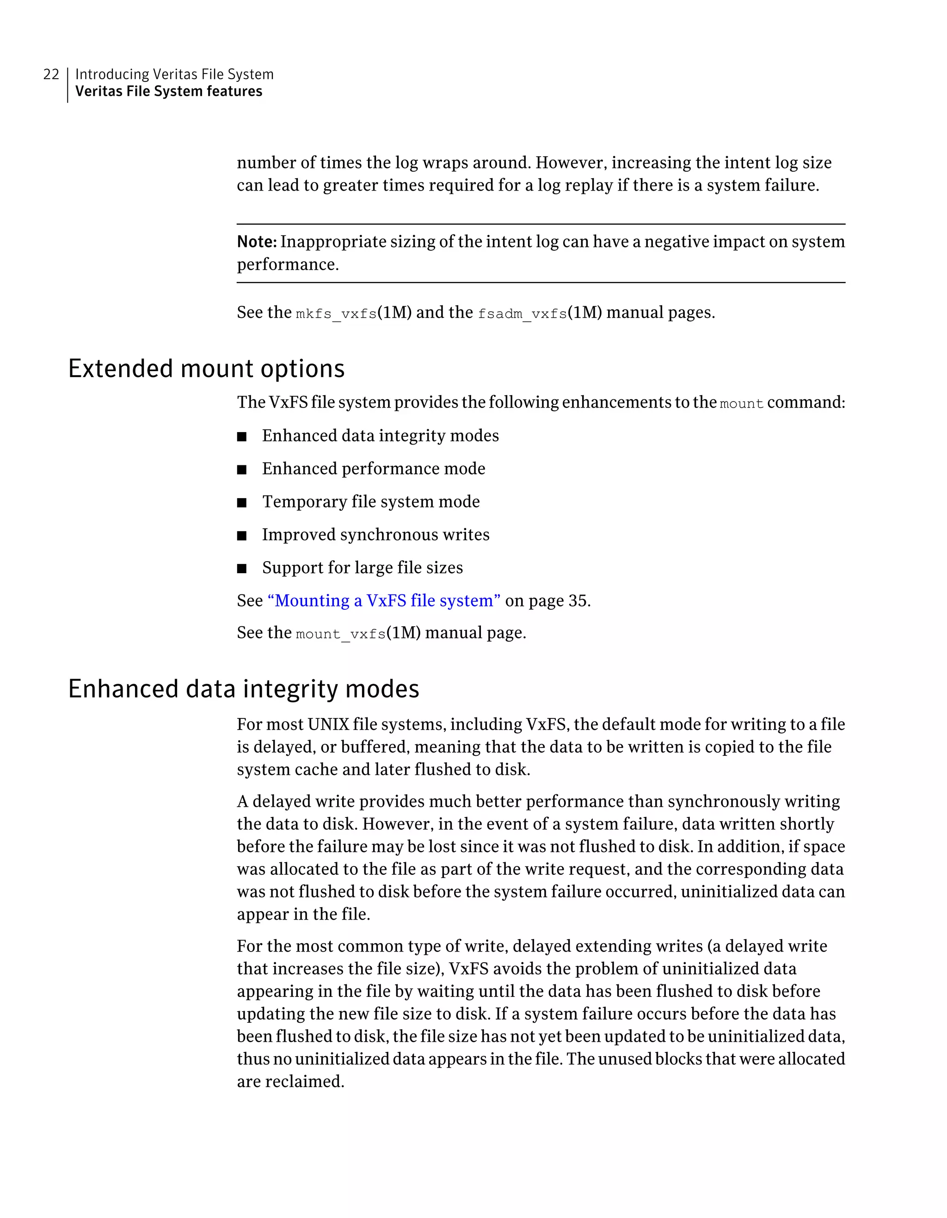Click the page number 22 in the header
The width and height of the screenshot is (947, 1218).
pos(51,74)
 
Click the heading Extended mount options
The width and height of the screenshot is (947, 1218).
pos(206,369)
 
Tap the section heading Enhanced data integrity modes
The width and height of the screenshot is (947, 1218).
pos(243,689)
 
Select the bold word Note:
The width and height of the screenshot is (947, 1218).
pos(256,241)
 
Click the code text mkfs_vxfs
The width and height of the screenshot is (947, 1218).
pos(336,314)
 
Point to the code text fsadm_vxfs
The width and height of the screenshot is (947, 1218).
pos(522,314)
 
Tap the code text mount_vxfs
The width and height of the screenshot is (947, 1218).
pos(341,634)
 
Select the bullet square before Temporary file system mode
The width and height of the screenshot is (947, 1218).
pos(241,503)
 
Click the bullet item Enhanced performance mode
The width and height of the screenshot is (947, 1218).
pos(374,469)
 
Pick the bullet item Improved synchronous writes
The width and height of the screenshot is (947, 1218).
pos(375,535)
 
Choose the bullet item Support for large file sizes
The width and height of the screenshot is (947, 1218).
pos(363,568)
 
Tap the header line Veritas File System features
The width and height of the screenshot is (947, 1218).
pos(168,92)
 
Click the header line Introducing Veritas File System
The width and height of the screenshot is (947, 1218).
pos(174,74)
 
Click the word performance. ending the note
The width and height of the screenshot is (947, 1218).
pos(288,264)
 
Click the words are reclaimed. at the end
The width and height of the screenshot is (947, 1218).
pos(290,1082)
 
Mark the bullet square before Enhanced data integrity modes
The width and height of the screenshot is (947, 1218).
pos(241,437)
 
